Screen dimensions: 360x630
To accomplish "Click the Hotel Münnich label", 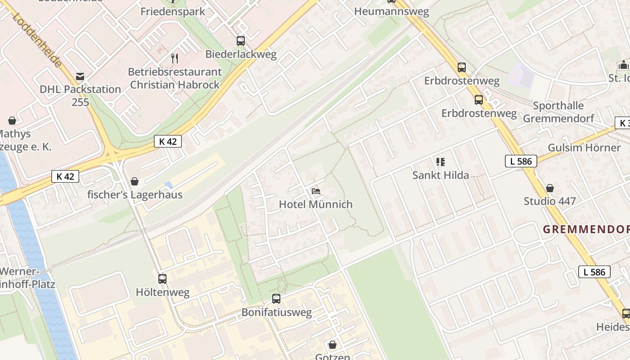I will pyautogui.click(x=315, y=204).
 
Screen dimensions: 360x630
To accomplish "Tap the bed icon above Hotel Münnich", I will pyautogui.click(x=316, y=191).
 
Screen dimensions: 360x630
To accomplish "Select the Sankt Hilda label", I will pyautogui.click(x=441, y=175).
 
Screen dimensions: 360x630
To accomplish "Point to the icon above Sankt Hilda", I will pyautogui.click(x=441, y=162).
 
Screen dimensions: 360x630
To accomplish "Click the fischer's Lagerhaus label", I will pyautogui.click(x=135, y=194).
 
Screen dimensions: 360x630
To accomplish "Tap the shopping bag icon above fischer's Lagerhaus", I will pyautogui.click(x=134, y=181).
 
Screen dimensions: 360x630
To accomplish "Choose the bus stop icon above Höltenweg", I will pyautogui.click(x=162, y=279).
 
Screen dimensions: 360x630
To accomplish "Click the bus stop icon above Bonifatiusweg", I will pyautogui.click(x=276, y=299).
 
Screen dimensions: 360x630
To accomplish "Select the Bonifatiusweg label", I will pyautogui.click(x=276, y=312).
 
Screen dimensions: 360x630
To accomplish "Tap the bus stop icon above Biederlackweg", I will pyautogui.click(x=241, y=41).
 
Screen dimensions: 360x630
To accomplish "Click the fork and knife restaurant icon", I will pyautogui.click(x=175, y=58).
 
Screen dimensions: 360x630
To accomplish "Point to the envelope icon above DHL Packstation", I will pyautogui.click(x=80, y=76).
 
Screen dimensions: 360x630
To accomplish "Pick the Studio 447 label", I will pyautogui.click(x=549, y=201).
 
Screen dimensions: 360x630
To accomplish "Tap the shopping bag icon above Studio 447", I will pyautogui.click(x=549, y=188).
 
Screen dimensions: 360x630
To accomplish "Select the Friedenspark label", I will pyautogui.click(x=173, y=11).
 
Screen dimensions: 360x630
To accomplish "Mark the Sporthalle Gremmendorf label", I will pyautogui.click(x=558, y=112).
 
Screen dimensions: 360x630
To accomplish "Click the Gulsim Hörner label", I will pyautogui.click(x=584, y=148).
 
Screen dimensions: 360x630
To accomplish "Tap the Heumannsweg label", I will pyautogui.click(x=391, y=12).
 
